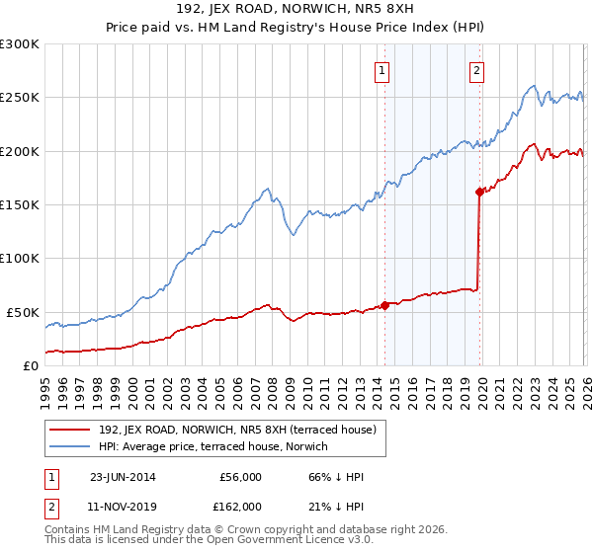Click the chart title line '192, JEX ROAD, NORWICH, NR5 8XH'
coord(296,11)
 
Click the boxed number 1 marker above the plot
coord(382,70)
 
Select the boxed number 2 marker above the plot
coord(476,70)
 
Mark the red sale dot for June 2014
coord(384,305)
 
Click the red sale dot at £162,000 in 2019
coord(478,192)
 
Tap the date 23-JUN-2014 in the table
coord(123,477)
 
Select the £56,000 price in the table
coord(240,477)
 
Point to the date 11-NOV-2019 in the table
coord(123,507)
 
